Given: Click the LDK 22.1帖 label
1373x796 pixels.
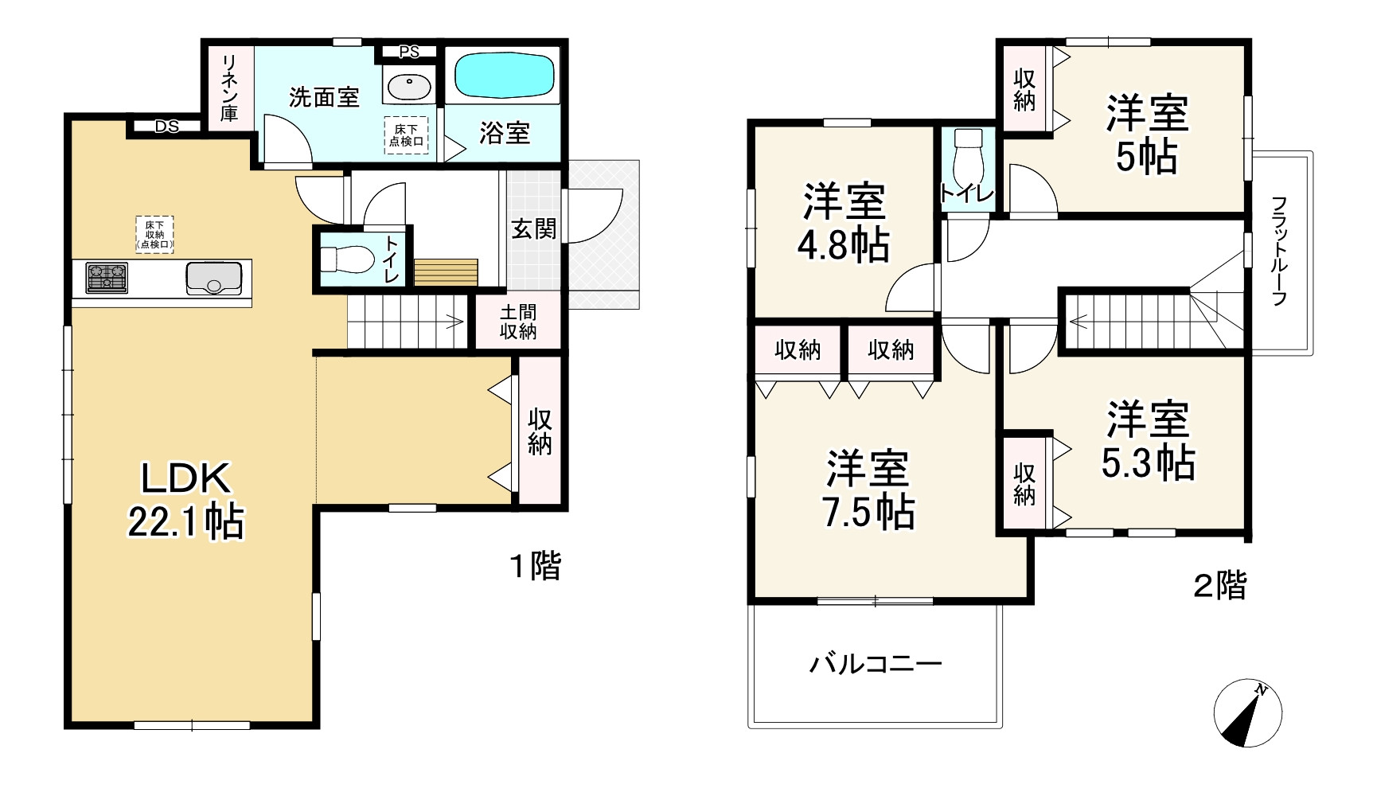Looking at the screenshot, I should [186, 500].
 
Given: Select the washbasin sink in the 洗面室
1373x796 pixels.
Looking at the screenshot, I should [408, 84].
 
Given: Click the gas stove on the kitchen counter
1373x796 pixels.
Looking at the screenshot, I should [107, 278].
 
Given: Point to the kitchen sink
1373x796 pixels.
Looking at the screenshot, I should [214, 278].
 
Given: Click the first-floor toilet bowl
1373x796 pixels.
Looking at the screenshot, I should [346, 259].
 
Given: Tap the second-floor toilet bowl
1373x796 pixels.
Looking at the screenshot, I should [969, 158].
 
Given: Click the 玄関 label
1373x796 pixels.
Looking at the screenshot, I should [533, 229].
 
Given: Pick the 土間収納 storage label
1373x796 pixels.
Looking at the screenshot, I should [518, 322].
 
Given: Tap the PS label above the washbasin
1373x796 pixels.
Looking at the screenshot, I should [409, 53].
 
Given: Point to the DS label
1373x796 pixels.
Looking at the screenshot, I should [166, 127].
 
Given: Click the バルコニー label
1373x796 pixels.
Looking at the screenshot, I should [876, 663].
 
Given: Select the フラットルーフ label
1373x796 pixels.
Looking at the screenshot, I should [1279, 252].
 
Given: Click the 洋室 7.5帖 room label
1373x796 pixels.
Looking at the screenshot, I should [868, 490].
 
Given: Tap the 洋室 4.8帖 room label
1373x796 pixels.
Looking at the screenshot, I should [844, 223].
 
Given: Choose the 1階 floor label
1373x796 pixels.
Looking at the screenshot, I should [536, 566].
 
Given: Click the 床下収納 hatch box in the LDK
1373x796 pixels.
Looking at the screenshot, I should [154, 235].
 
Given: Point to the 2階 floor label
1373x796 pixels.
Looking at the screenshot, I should [1219, 586].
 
